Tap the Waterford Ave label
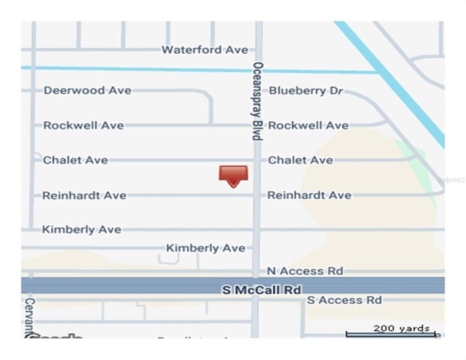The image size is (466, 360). tap(204, 50)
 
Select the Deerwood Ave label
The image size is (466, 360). tap(87, 90)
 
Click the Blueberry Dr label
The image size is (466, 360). tap(305, 91)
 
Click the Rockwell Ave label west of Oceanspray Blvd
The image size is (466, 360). tap(83, 125)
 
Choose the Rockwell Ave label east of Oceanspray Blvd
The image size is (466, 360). tap(308, 125)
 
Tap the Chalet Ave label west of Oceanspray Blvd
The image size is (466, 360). tap(75, 160)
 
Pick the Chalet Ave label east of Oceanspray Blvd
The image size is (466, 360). tap(300, 160)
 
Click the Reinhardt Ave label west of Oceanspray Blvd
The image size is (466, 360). tap(84, 195)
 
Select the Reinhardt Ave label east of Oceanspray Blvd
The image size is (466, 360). tap(309, 195)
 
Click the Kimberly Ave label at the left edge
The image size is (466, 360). tap(81, 230)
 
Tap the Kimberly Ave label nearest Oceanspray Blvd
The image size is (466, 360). tap(205, 248)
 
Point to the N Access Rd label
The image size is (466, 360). tap(304, 271)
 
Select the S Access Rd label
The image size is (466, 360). tap(344, 300)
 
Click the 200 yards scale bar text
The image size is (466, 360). tap(401, 328)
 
